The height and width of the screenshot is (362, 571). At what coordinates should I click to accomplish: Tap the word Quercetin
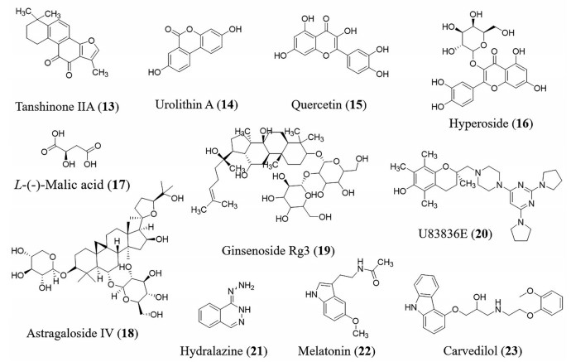coord(312,107)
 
